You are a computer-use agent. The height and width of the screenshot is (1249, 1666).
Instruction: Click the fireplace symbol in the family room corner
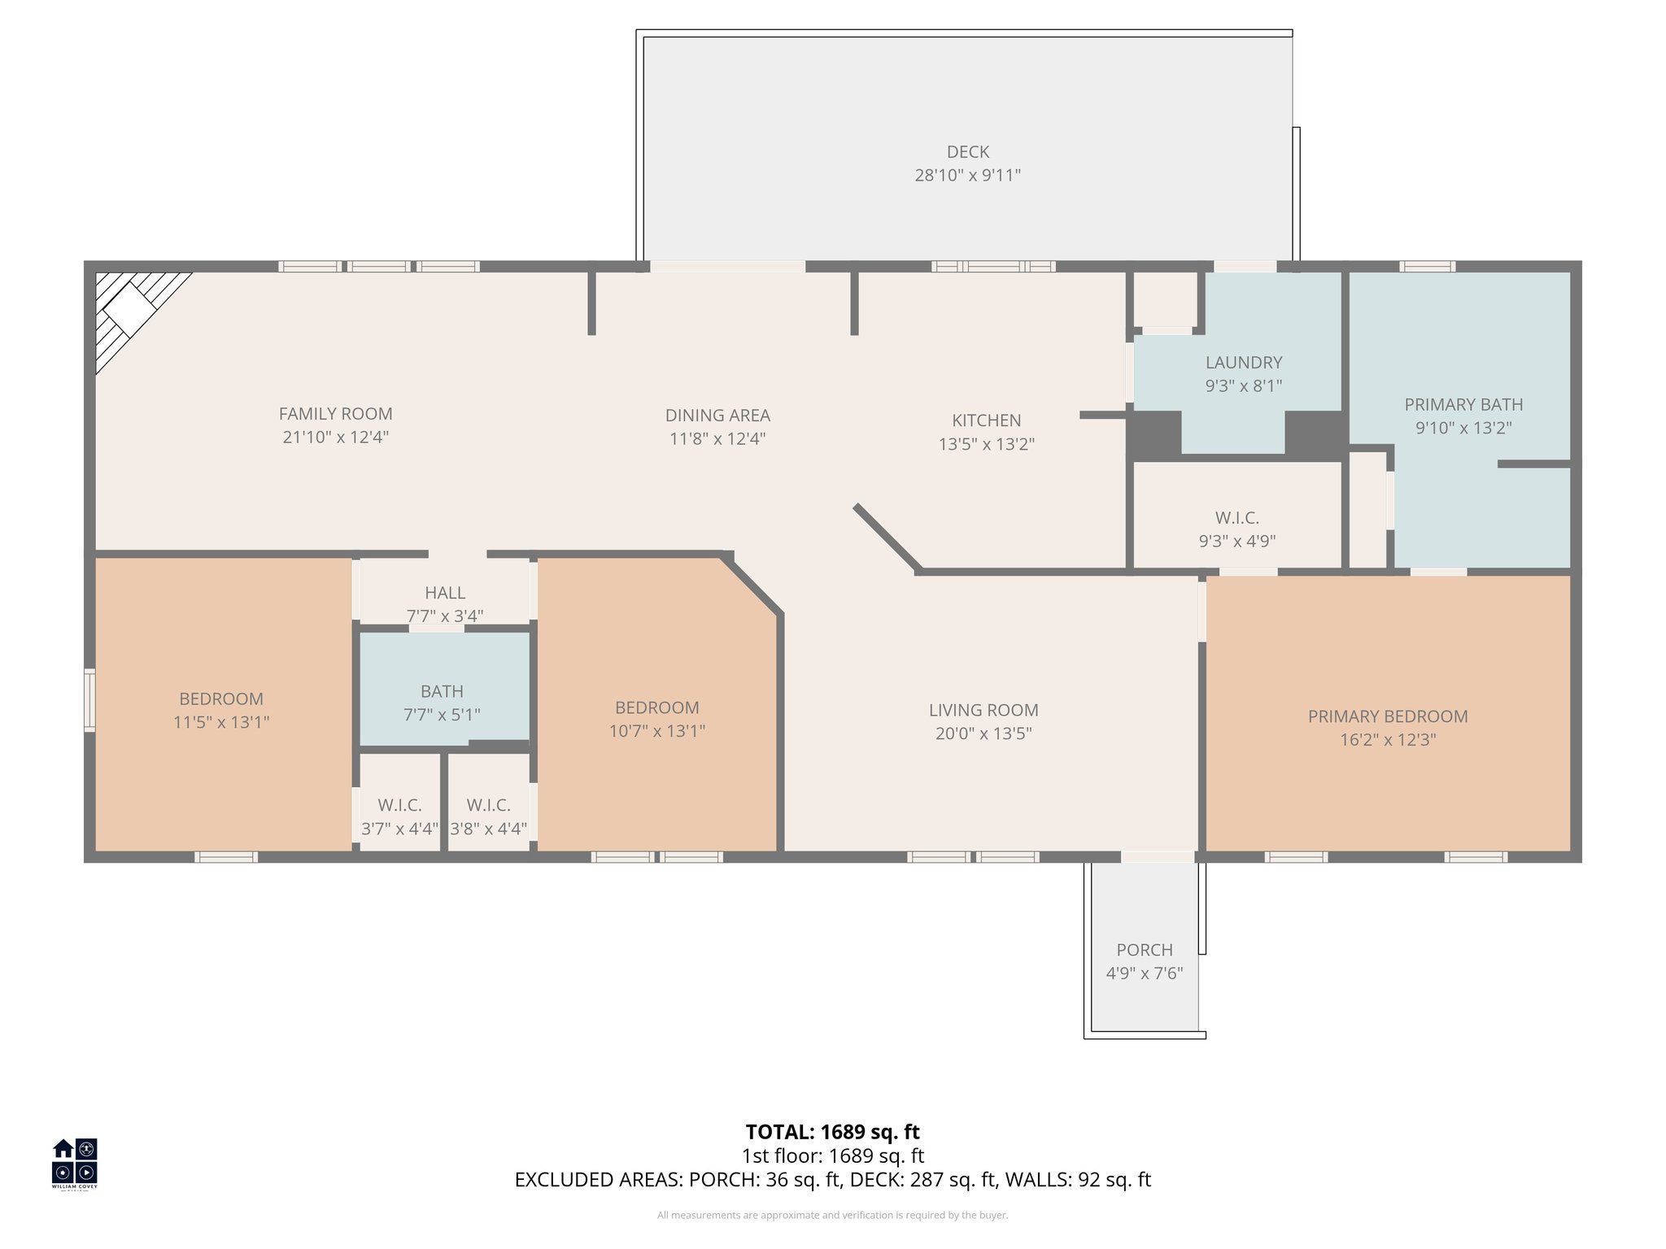(130, 313)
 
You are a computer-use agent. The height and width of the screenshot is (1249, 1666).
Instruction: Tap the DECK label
(967, 152)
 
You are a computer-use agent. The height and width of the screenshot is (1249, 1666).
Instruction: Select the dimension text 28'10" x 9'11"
(967, 175)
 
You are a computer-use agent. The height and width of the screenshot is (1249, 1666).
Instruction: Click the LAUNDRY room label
(1243, 363)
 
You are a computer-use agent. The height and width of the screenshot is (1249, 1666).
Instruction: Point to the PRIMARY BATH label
(1463, 404)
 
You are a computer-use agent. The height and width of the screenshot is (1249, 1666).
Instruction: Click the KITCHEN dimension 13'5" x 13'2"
(986, 444)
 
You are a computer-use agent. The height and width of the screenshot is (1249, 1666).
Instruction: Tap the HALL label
(445, 593)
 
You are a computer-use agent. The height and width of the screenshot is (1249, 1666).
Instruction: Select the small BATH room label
(442, 691)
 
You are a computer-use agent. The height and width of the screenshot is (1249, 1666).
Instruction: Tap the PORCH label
(1144, 950)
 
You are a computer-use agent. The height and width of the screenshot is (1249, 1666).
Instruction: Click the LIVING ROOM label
(983, 710)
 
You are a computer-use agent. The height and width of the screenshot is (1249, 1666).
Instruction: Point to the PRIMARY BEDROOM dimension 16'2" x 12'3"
(1387, 740)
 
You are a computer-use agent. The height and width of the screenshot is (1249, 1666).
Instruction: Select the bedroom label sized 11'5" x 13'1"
(220, 698)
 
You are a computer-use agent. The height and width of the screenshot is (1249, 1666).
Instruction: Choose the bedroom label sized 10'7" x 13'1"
(656, 707)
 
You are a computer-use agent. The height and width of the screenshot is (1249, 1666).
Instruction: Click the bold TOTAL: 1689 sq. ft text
(832, 1132)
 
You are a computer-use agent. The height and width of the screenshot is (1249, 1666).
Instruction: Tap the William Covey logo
(75, 1163)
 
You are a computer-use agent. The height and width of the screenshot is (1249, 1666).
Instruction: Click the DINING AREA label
(717, 416)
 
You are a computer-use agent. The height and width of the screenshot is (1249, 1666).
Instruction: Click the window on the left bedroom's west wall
(89, 700)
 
